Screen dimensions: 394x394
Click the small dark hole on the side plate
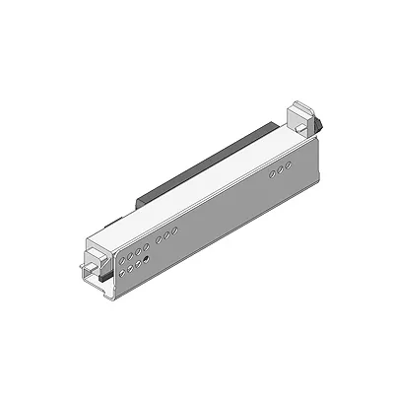(147, 259)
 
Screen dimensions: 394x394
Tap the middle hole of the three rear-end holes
(282, 171)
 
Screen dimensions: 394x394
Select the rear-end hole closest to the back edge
(289, 167)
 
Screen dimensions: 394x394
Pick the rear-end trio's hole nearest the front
(274, 175)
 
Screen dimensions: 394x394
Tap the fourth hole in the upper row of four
(146, 243)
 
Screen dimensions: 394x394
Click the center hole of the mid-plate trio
(166, 234)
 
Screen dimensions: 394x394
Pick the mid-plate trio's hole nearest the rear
(174, 230)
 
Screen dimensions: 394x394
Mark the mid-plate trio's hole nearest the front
(159, 239)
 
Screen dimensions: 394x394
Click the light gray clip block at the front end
(95, 260)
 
